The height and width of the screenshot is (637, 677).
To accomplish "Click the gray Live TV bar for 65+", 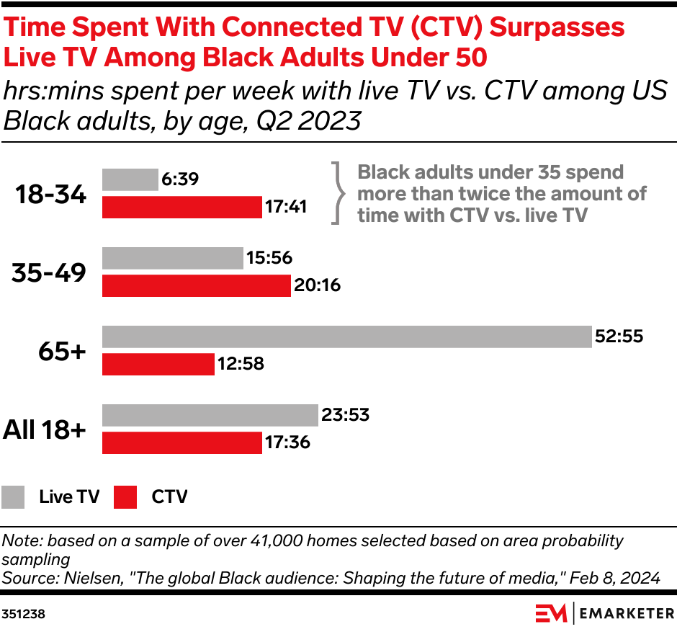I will [x=346, y=337].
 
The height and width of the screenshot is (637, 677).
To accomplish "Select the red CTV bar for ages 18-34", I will [x=181, y=208].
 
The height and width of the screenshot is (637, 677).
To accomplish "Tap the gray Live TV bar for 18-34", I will [x=130, y=179].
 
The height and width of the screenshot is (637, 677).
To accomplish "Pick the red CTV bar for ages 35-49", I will [x=196, y=286].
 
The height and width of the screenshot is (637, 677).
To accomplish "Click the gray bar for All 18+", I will [x=210, y=415].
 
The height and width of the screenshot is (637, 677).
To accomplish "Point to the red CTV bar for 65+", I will [x=158, y=365].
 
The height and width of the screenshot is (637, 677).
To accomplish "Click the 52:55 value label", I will [x=619, y=337].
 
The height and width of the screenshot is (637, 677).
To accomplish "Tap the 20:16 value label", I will [x=317, y=286].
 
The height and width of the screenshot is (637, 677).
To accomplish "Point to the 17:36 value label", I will [x=287, y=442].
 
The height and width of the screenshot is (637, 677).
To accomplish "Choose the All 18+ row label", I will [x=45, y=429].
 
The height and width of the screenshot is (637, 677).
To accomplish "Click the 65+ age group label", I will [x=63, y=351].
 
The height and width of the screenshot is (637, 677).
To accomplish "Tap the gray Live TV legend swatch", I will [x=13, y=497].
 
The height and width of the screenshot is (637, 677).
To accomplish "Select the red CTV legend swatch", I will [x=125, y=497].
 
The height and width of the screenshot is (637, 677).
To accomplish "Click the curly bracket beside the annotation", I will [x=336, y=193].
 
